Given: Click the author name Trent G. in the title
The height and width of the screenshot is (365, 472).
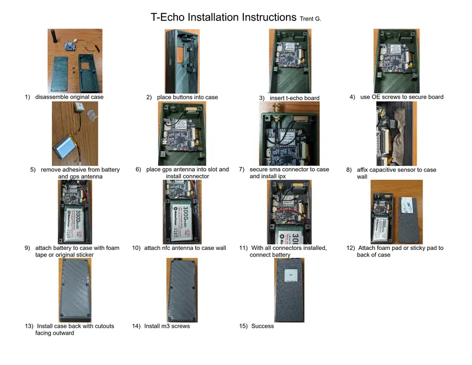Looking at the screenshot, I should (310, 19).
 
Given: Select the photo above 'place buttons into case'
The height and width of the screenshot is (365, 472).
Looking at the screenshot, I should (183, 60).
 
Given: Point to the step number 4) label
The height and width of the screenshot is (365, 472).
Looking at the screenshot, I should (352, 97).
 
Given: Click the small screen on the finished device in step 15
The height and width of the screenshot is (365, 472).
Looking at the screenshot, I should (289, 275).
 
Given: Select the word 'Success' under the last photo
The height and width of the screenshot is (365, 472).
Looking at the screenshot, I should (263, 326).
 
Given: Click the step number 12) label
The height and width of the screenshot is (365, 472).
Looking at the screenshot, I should (350, 248).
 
